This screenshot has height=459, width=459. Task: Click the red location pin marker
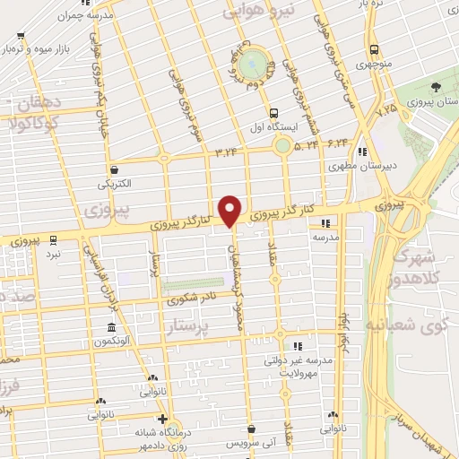pyautogui.click(x=230, y=210)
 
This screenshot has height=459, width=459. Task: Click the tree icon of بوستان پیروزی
pyautogui.click(x=435, y=87)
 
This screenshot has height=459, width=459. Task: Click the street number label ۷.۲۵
pyautogui.click(x=386, y=108)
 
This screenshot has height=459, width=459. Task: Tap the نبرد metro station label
pyautogui.click(x=54, y=255)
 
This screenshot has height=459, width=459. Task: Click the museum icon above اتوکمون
pyautogui.click(x=110, y=327)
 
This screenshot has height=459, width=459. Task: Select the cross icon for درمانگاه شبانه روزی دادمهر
pyautogui.click(x=161, y=419)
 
